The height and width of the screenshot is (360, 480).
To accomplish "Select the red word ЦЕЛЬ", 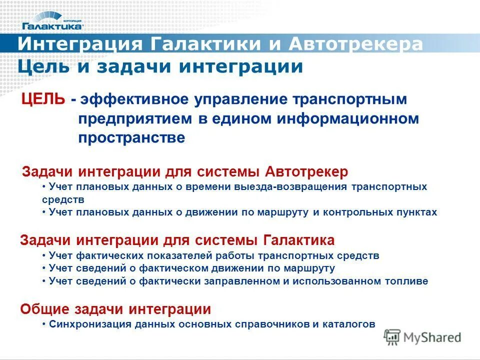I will point(42,99).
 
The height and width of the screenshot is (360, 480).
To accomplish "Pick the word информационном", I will point(346,119).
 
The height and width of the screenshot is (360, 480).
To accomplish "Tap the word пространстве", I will point(131,138).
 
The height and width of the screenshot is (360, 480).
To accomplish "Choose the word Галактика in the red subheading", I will point(298,240).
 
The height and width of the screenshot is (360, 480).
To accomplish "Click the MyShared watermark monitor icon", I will point(392,337).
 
